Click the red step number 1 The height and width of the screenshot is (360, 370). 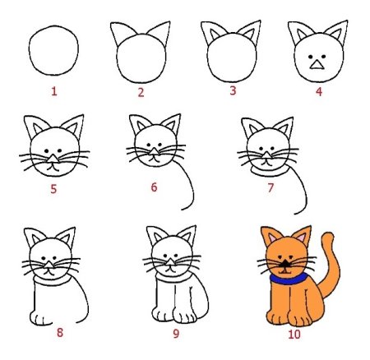click(54, 91)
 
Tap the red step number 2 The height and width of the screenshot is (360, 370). click(141, 93)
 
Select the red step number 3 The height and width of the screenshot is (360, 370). click(232, 91)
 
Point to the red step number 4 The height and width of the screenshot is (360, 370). click(318, 91)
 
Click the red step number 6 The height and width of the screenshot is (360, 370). click(153, 187)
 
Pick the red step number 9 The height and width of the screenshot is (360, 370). click(175, 335)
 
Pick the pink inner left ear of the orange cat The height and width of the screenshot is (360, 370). click(271, 238)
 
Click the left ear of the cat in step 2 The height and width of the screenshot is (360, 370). click(123, 34)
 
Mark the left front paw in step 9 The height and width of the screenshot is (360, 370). click(163, 316)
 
